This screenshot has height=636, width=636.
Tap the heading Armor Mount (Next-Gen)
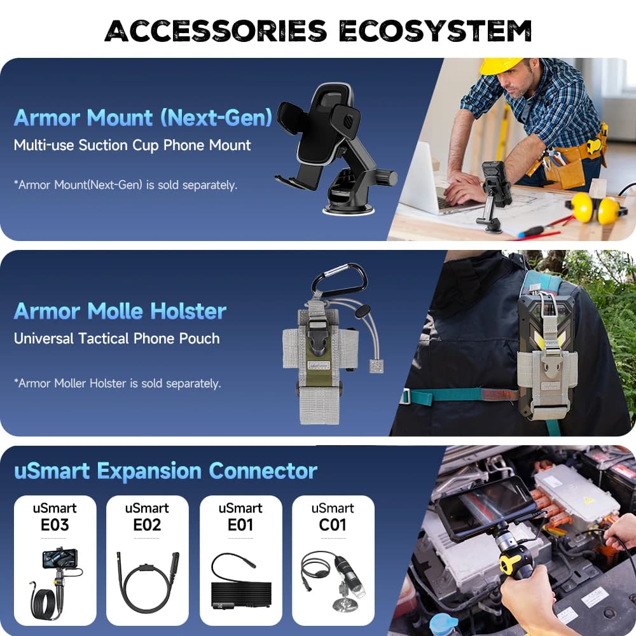coord(143,118)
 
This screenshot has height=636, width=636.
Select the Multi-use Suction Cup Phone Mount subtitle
coord(132,145)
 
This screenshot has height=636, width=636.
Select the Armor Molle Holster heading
coord(120,311)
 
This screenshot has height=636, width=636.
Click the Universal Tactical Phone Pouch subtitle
coord(117,338)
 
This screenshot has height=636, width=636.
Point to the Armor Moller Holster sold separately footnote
coord(118,384)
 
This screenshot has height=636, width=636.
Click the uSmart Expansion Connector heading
coord(165,471)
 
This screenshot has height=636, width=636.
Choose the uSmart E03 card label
coord(55,517)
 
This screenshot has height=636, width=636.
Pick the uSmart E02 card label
coord(147,517)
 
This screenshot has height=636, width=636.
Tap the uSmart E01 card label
coord(240,517)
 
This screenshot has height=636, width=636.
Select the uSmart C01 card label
coord(333,517)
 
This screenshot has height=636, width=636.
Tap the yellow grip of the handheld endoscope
coord(509,563)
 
